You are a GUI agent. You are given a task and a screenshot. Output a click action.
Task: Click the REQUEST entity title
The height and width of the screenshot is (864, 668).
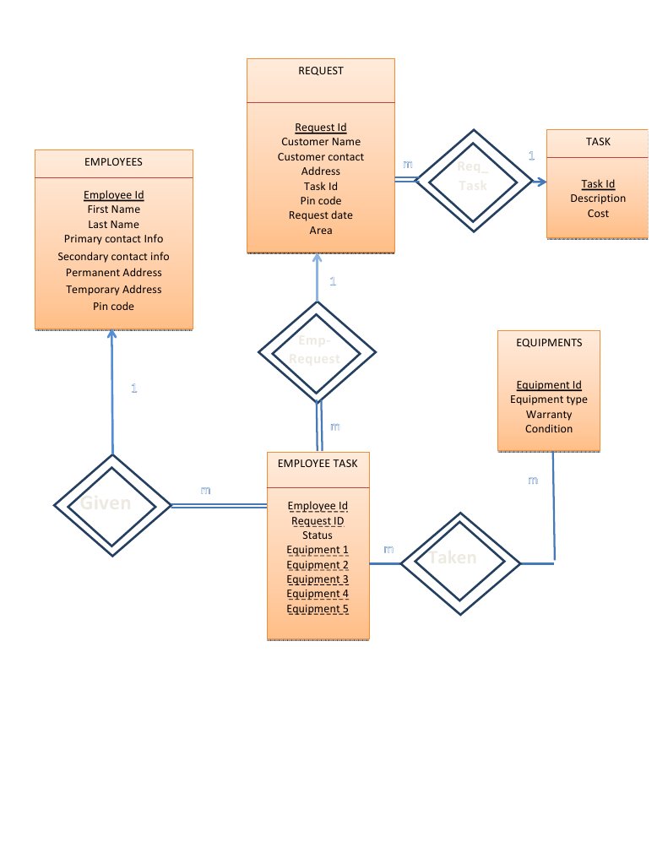(x=321, y=71)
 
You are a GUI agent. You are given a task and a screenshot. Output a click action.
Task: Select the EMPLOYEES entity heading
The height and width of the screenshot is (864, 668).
(x=113, y=161)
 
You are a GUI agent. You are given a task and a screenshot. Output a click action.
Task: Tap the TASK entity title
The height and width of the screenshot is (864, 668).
(x=598, y=142)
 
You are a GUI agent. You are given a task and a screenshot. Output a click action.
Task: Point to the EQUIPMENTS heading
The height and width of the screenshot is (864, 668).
(x=549, y=342)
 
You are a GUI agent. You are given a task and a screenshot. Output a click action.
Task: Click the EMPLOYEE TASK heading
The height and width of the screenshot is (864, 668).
(x=318, y=464)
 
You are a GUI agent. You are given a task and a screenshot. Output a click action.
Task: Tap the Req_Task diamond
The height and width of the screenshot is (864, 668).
(x=472, y=176)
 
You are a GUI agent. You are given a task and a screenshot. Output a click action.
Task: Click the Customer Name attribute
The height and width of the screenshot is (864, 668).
(x=321, y=142)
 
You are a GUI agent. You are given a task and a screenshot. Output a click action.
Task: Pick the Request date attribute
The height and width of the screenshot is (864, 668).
(x=321, y=215)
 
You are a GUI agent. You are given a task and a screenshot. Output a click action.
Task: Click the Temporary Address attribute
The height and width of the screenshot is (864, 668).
(x=113, y=290)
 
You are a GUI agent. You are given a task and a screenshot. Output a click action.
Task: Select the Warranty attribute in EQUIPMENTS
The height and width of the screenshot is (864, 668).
(x=549, y=415)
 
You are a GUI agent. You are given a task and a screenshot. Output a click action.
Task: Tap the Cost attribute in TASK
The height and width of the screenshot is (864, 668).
(x=598, y=214)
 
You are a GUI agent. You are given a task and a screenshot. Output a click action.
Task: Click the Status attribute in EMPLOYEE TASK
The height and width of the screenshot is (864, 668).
(x=318, y=535)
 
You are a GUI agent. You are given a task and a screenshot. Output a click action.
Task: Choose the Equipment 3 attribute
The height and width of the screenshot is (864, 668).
(x=318, y=579)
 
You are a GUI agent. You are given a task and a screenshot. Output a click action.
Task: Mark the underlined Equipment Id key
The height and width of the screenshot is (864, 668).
(x=549, y=385)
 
